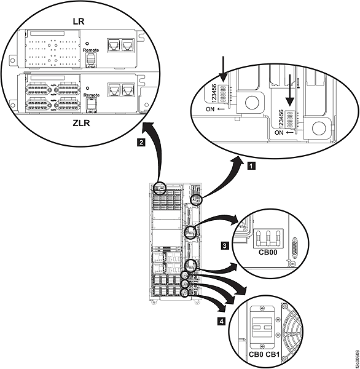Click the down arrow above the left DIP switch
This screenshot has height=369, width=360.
pos(222,65)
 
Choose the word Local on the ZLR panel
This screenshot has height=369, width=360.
pos(91,111)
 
